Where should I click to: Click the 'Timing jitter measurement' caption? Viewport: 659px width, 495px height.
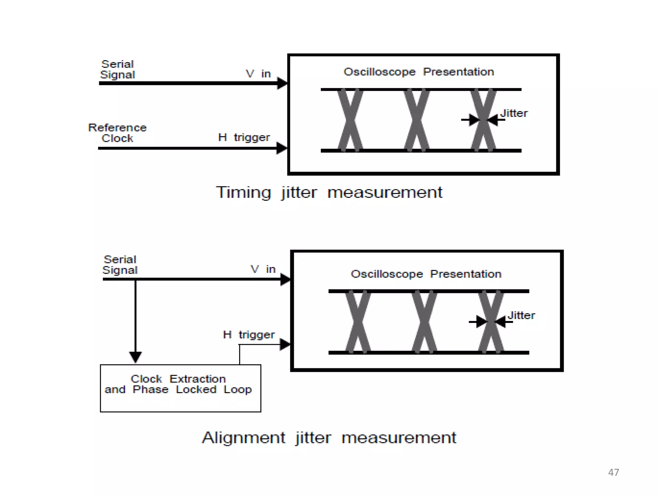pos(329,193)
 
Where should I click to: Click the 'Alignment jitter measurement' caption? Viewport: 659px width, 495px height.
pos(329,438)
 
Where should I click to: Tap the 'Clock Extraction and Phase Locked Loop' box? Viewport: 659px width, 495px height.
pos(180,388)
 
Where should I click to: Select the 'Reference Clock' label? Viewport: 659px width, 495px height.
pos(117,133)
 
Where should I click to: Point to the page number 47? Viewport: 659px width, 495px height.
pos(613,472)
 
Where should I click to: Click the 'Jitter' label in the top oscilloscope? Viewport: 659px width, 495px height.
pos(514,113)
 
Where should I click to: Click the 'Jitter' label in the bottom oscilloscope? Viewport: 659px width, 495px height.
pos(521,315)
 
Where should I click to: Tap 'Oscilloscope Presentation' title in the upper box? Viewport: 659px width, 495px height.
pos(419,72)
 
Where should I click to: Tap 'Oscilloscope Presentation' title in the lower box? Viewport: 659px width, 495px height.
pos(426,274)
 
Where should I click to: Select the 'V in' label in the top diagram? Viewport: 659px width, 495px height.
pos(258,74)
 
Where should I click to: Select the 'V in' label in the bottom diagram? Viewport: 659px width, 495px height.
pos(263,269)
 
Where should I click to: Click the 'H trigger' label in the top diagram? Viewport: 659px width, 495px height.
pos(244,138)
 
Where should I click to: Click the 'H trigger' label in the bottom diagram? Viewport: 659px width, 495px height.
pos(249,335)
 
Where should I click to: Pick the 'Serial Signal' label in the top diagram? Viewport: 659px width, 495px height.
pos(117,69)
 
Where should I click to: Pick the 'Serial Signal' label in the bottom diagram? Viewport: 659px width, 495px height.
pos(120,265)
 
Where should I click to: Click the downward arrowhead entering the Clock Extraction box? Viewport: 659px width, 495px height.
pos(135,357)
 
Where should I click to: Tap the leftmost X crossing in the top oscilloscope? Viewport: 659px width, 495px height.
pos(350,120)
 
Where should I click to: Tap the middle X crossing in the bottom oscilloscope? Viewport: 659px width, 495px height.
pos(424,322)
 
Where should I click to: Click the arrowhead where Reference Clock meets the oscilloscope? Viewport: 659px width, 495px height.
pos(282,148)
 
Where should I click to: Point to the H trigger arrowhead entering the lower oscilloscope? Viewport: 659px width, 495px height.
pos(285,344)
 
